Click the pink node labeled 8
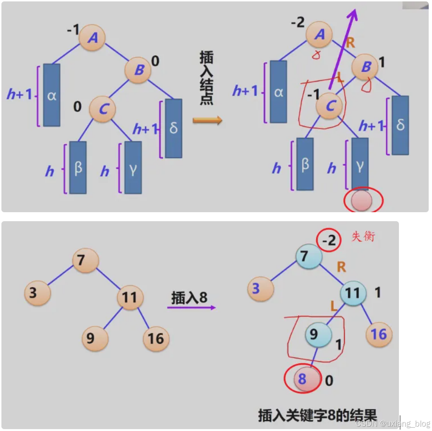pyautogui.click(x=302, y=379)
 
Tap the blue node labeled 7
pyautogui.click(x=308, y=256)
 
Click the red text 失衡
pyautogui.click(x=363, y=236)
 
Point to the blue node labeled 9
pyautogui.click(x=318, y=335)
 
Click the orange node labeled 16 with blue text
pyautogui.click(x=379, y=335)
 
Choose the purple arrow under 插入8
pyautogui.click(x=191, y=307)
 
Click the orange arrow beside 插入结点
pyautogui.click(x=207, y=120)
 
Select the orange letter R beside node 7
pyautogui.click(x=341, y=267)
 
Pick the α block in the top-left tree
pyautogui.click(x=52, y=95)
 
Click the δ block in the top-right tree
pyautogui.click(x=400, y=125)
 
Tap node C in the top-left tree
pyautogui.click(x=103, y=108)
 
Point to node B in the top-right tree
pyautogui.click(x=365, y=67)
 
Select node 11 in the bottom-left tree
pyautogui.click(x=130, y=297)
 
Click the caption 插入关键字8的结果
pyautogui.click(x=318, y=414)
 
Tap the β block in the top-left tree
pyautogui.click(x=78, y=167)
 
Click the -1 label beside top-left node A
pyautogui.click(x=73, y=30)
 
